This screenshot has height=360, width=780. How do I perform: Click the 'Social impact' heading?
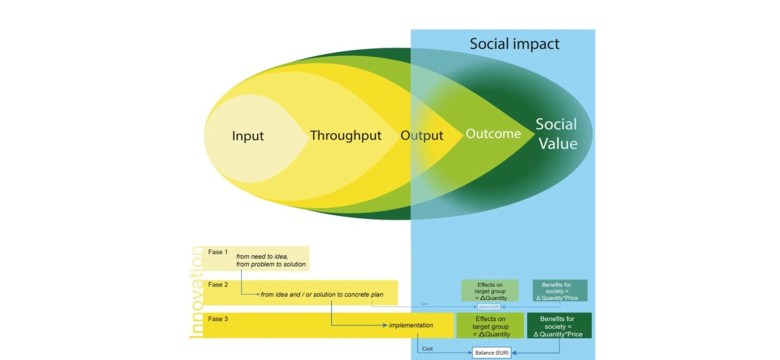click(x=514, y=44)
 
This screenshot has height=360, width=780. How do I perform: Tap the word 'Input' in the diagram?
click(x=247, y=136)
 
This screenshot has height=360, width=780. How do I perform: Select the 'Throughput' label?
click(x=345, y=135)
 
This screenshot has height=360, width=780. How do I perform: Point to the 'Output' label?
click(x=421, y=136)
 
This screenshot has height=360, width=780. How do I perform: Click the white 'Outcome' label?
click(x=493, y=134)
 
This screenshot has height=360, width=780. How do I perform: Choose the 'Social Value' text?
click(x=556, y=134)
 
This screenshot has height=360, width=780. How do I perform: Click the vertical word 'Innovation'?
click(x=196, y=292)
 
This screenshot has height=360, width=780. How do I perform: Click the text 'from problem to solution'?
click(x=271, y=264)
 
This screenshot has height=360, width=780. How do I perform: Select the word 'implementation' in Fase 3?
click(x=411, y=325)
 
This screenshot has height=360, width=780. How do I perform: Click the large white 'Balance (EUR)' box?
click(x=491, y=353)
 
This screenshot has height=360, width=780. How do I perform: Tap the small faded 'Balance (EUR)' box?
click(x=489, y=306)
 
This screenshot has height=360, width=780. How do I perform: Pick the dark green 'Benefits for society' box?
click(x=559, y=326)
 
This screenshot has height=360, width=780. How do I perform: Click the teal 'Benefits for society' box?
click(x=559, y=291)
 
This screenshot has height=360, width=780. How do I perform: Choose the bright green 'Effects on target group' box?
click(x=490, y=326)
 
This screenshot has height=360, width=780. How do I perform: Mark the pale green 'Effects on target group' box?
click(x=489, y=291)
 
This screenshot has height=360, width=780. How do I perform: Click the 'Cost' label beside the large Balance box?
click(x=427, y=348)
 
